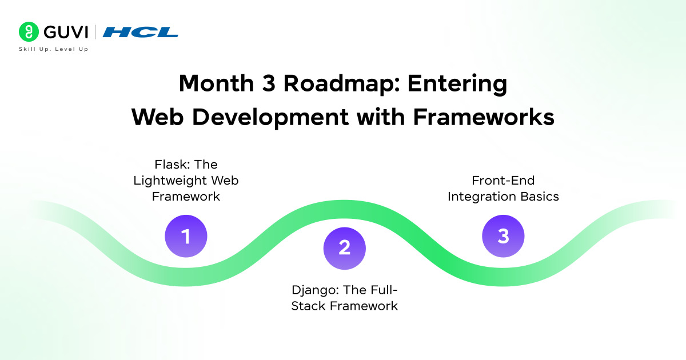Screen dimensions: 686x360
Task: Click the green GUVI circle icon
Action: point(29,31)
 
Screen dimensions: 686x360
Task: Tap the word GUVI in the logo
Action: point(66,32)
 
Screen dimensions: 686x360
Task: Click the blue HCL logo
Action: point(140,32)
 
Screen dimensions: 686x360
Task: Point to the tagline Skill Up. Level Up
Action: point(53,49)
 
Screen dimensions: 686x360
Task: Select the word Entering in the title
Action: point(457,84)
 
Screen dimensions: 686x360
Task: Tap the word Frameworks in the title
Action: point(484,117)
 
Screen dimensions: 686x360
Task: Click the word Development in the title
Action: point(270,118)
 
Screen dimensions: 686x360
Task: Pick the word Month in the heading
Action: point(216,83)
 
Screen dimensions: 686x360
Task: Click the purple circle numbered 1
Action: point(186,236)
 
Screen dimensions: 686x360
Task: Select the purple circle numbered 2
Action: point(345,248)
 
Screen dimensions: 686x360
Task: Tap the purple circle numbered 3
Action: point(503,236)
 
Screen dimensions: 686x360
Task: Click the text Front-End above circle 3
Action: point(503,181)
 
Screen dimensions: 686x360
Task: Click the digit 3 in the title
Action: point(269,83)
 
